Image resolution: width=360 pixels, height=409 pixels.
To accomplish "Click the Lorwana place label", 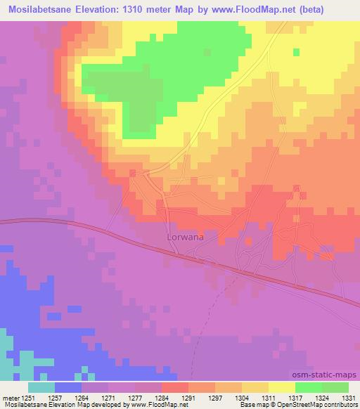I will [186, 238].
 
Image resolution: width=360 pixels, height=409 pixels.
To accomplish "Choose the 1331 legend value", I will [348, 396].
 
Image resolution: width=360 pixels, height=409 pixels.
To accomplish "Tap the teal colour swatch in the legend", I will [41, 387].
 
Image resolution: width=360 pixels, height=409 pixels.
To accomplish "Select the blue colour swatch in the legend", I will [68, 387].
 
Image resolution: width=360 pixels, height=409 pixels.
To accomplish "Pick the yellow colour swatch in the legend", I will [281, 387].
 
